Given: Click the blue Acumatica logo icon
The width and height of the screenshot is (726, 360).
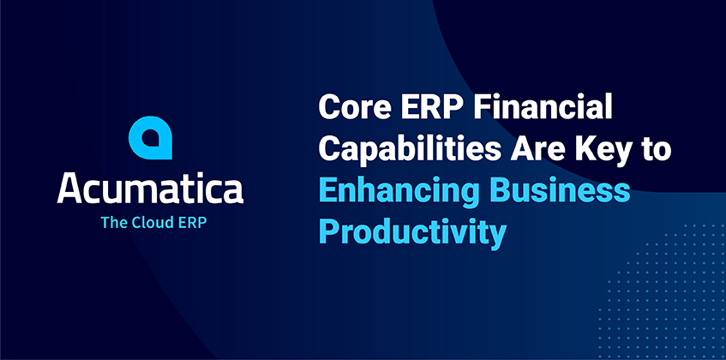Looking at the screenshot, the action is tap(150, 138).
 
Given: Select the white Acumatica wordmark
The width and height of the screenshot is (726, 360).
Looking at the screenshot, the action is tap(150, 189).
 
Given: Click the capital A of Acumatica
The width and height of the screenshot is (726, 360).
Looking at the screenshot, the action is tap(71, 189).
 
